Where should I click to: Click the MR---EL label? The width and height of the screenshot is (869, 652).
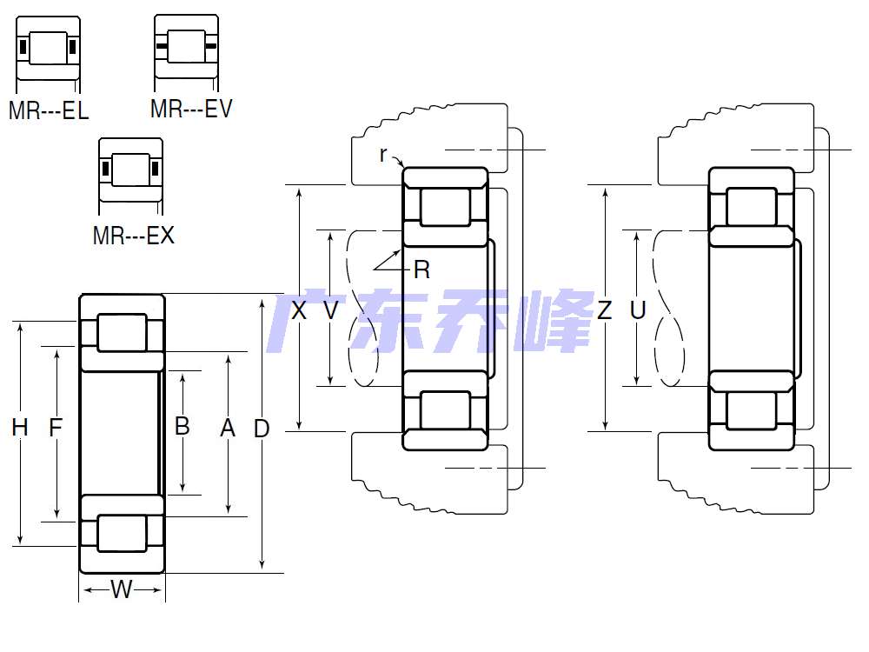click(x=49, y=110)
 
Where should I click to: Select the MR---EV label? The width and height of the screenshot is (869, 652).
click(x=191, y=108)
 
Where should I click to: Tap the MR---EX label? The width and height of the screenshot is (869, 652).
click(x=134, y=235)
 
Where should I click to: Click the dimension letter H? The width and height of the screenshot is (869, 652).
click(x=20, y=428)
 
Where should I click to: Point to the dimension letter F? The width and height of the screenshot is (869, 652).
click(x=56, y=428)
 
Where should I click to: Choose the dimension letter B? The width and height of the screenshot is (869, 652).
click(x=182, y=426)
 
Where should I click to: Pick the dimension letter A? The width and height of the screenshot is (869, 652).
click(x=228, y=428)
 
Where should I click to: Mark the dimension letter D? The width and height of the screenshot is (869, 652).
click(x=262, y=429)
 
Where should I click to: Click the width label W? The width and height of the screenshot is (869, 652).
click(x=122, y=589)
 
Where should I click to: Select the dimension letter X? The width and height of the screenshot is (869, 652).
click(x=299, y=310)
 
